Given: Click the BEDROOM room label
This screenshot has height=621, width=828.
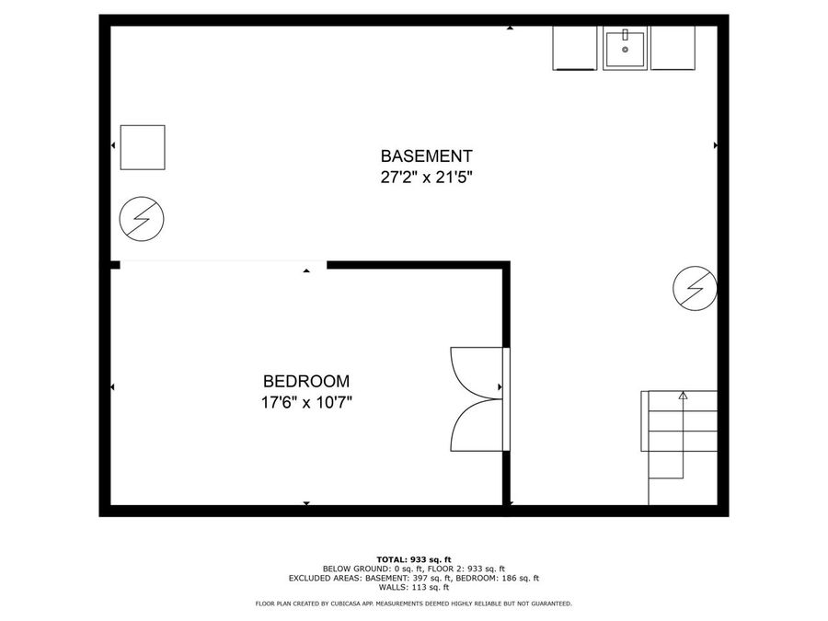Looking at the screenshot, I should pyautogui.click(x=305, y=381).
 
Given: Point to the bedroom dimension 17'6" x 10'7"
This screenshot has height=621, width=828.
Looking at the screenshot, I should pyautogui.click(x=305, y=402).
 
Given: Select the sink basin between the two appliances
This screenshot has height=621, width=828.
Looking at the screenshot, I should pyautogui.click(x=626, y=48).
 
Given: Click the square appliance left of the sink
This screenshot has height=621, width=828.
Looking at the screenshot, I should pyautogui.click(x=575, y=48).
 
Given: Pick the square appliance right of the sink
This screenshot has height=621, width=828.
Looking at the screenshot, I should pyautogui.click(x=673, y=48).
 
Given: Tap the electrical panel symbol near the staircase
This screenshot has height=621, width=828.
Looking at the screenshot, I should pyautogui.click(x=695, y=290).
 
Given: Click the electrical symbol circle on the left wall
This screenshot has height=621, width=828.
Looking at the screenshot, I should pyautogui.click(x=143, y=218).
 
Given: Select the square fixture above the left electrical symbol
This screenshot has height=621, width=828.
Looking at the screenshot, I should pyautogui.click(x=143, y=147).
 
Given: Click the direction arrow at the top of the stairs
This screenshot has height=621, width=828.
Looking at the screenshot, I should pyautogui.click(x=683, y=396).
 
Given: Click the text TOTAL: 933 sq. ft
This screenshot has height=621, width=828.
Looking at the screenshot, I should pyautogui.click(x=413, y=559).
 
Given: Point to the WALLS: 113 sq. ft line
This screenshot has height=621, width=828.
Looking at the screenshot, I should pyautogui.click(x=413, y=587).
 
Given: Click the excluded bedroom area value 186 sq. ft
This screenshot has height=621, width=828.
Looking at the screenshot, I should pyautogui.click(x=518, y=578).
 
